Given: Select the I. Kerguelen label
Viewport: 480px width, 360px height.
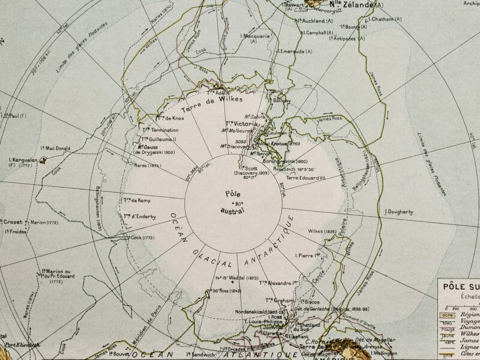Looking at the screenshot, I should (x=22, y=160).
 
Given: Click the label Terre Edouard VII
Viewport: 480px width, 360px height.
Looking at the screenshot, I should (x=306, y=178).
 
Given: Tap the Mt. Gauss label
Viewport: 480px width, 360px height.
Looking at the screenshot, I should (x=149, y=146).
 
